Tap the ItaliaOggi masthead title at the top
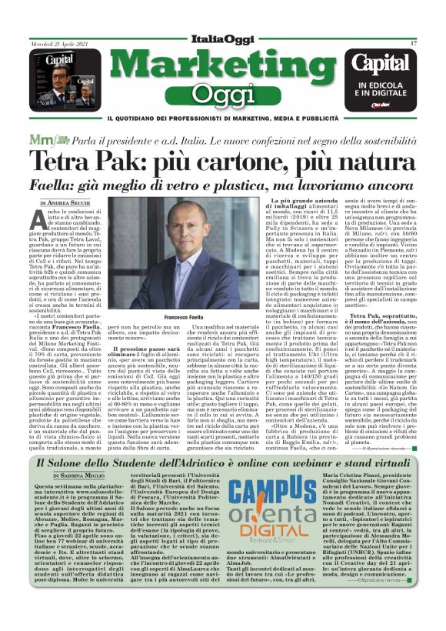tap(222, 40)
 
